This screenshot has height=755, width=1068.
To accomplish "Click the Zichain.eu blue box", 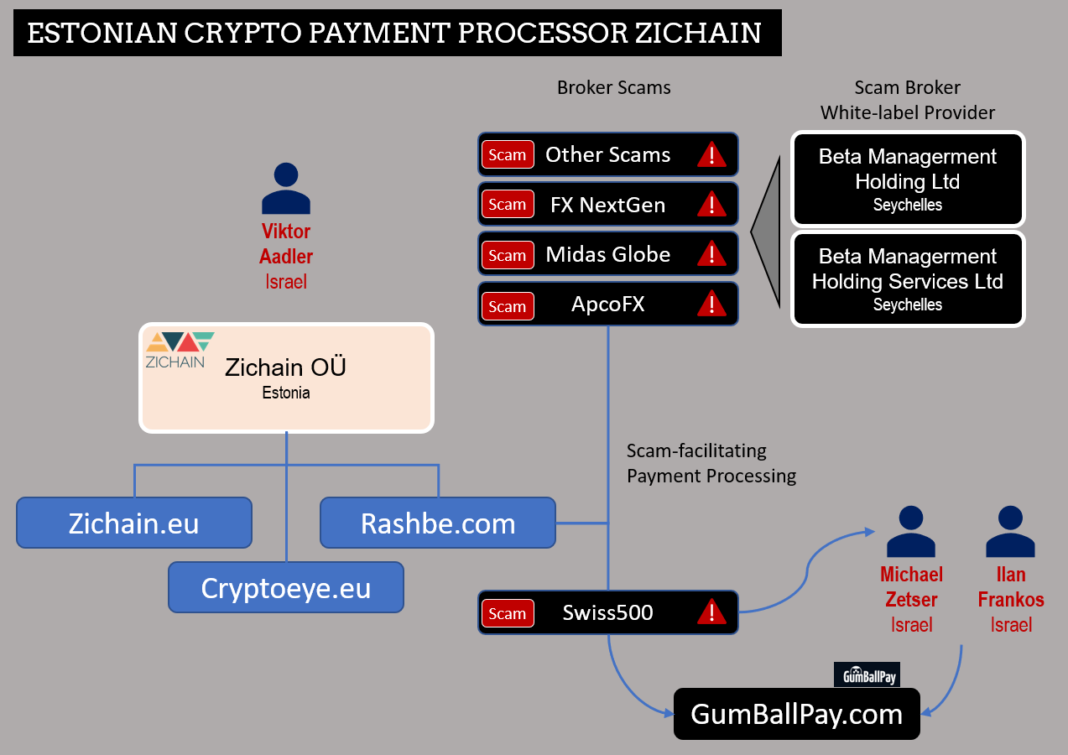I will (x=134, y=523).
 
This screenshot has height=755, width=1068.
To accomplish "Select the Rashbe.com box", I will (x=437, y=523).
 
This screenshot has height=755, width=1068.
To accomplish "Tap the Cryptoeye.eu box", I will (x=285, y=587).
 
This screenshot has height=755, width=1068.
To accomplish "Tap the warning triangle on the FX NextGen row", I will (x=711, y=204).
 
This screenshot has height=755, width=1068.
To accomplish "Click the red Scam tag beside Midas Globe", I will (x=508, y=255).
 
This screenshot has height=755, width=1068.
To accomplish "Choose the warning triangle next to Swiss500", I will (x=711, y=612).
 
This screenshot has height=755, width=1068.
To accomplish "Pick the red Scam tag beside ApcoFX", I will (x=508, y=305).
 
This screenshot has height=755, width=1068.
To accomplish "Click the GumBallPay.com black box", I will (x=796, y=714).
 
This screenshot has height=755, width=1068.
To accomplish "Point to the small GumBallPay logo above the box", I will (x=867, y=674).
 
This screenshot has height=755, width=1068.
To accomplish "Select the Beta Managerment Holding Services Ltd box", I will (x=908, y=279).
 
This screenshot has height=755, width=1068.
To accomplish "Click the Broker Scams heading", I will (x=613, y=87).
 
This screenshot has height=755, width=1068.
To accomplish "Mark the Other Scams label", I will (x=607, y=154).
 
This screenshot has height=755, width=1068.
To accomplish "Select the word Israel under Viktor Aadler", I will (x=285, y=282).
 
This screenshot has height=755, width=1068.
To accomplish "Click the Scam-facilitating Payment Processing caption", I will (x=711, y=463).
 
